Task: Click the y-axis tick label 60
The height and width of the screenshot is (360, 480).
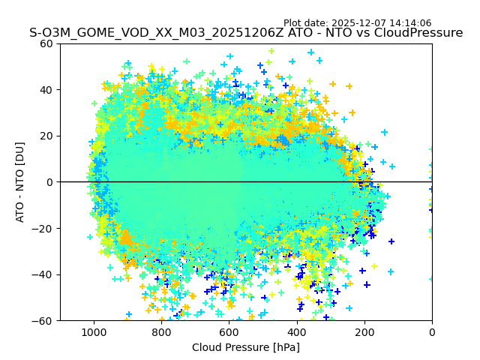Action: point(47,43)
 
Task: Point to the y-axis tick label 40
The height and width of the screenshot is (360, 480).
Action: point(47,90)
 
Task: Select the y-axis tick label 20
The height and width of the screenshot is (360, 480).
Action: point(47,136)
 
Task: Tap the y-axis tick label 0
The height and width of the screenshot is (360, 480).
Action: point(50,182)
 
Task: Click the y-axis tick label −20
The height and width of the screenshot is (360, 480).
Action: point(44,229)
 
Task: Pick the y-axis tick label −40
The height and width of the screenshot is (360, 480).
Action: point(44,274)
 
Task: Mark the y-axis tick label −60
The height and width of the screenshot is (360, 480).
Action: point(44,321)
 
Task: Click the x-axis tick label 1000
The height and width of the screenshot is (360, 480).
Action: point(94,331)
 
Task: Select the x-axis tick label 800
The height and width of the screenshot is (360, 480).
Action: point(161,331)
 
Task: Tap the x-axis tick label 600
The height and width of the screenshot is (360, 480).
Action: point(229,331)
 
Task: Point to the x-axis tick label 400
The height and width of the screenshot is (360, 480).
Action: point(296,331)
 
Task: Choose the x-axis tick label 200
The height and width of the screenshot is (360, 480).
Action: point(364,331)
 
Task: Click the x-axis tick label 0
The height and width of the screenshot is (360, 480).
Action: point(432,331)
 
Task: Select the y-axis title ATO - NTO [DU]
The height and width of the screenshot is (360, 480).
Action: point(20,182)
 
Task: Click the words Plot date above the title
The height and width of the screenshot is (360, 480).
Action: point(307,23)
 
